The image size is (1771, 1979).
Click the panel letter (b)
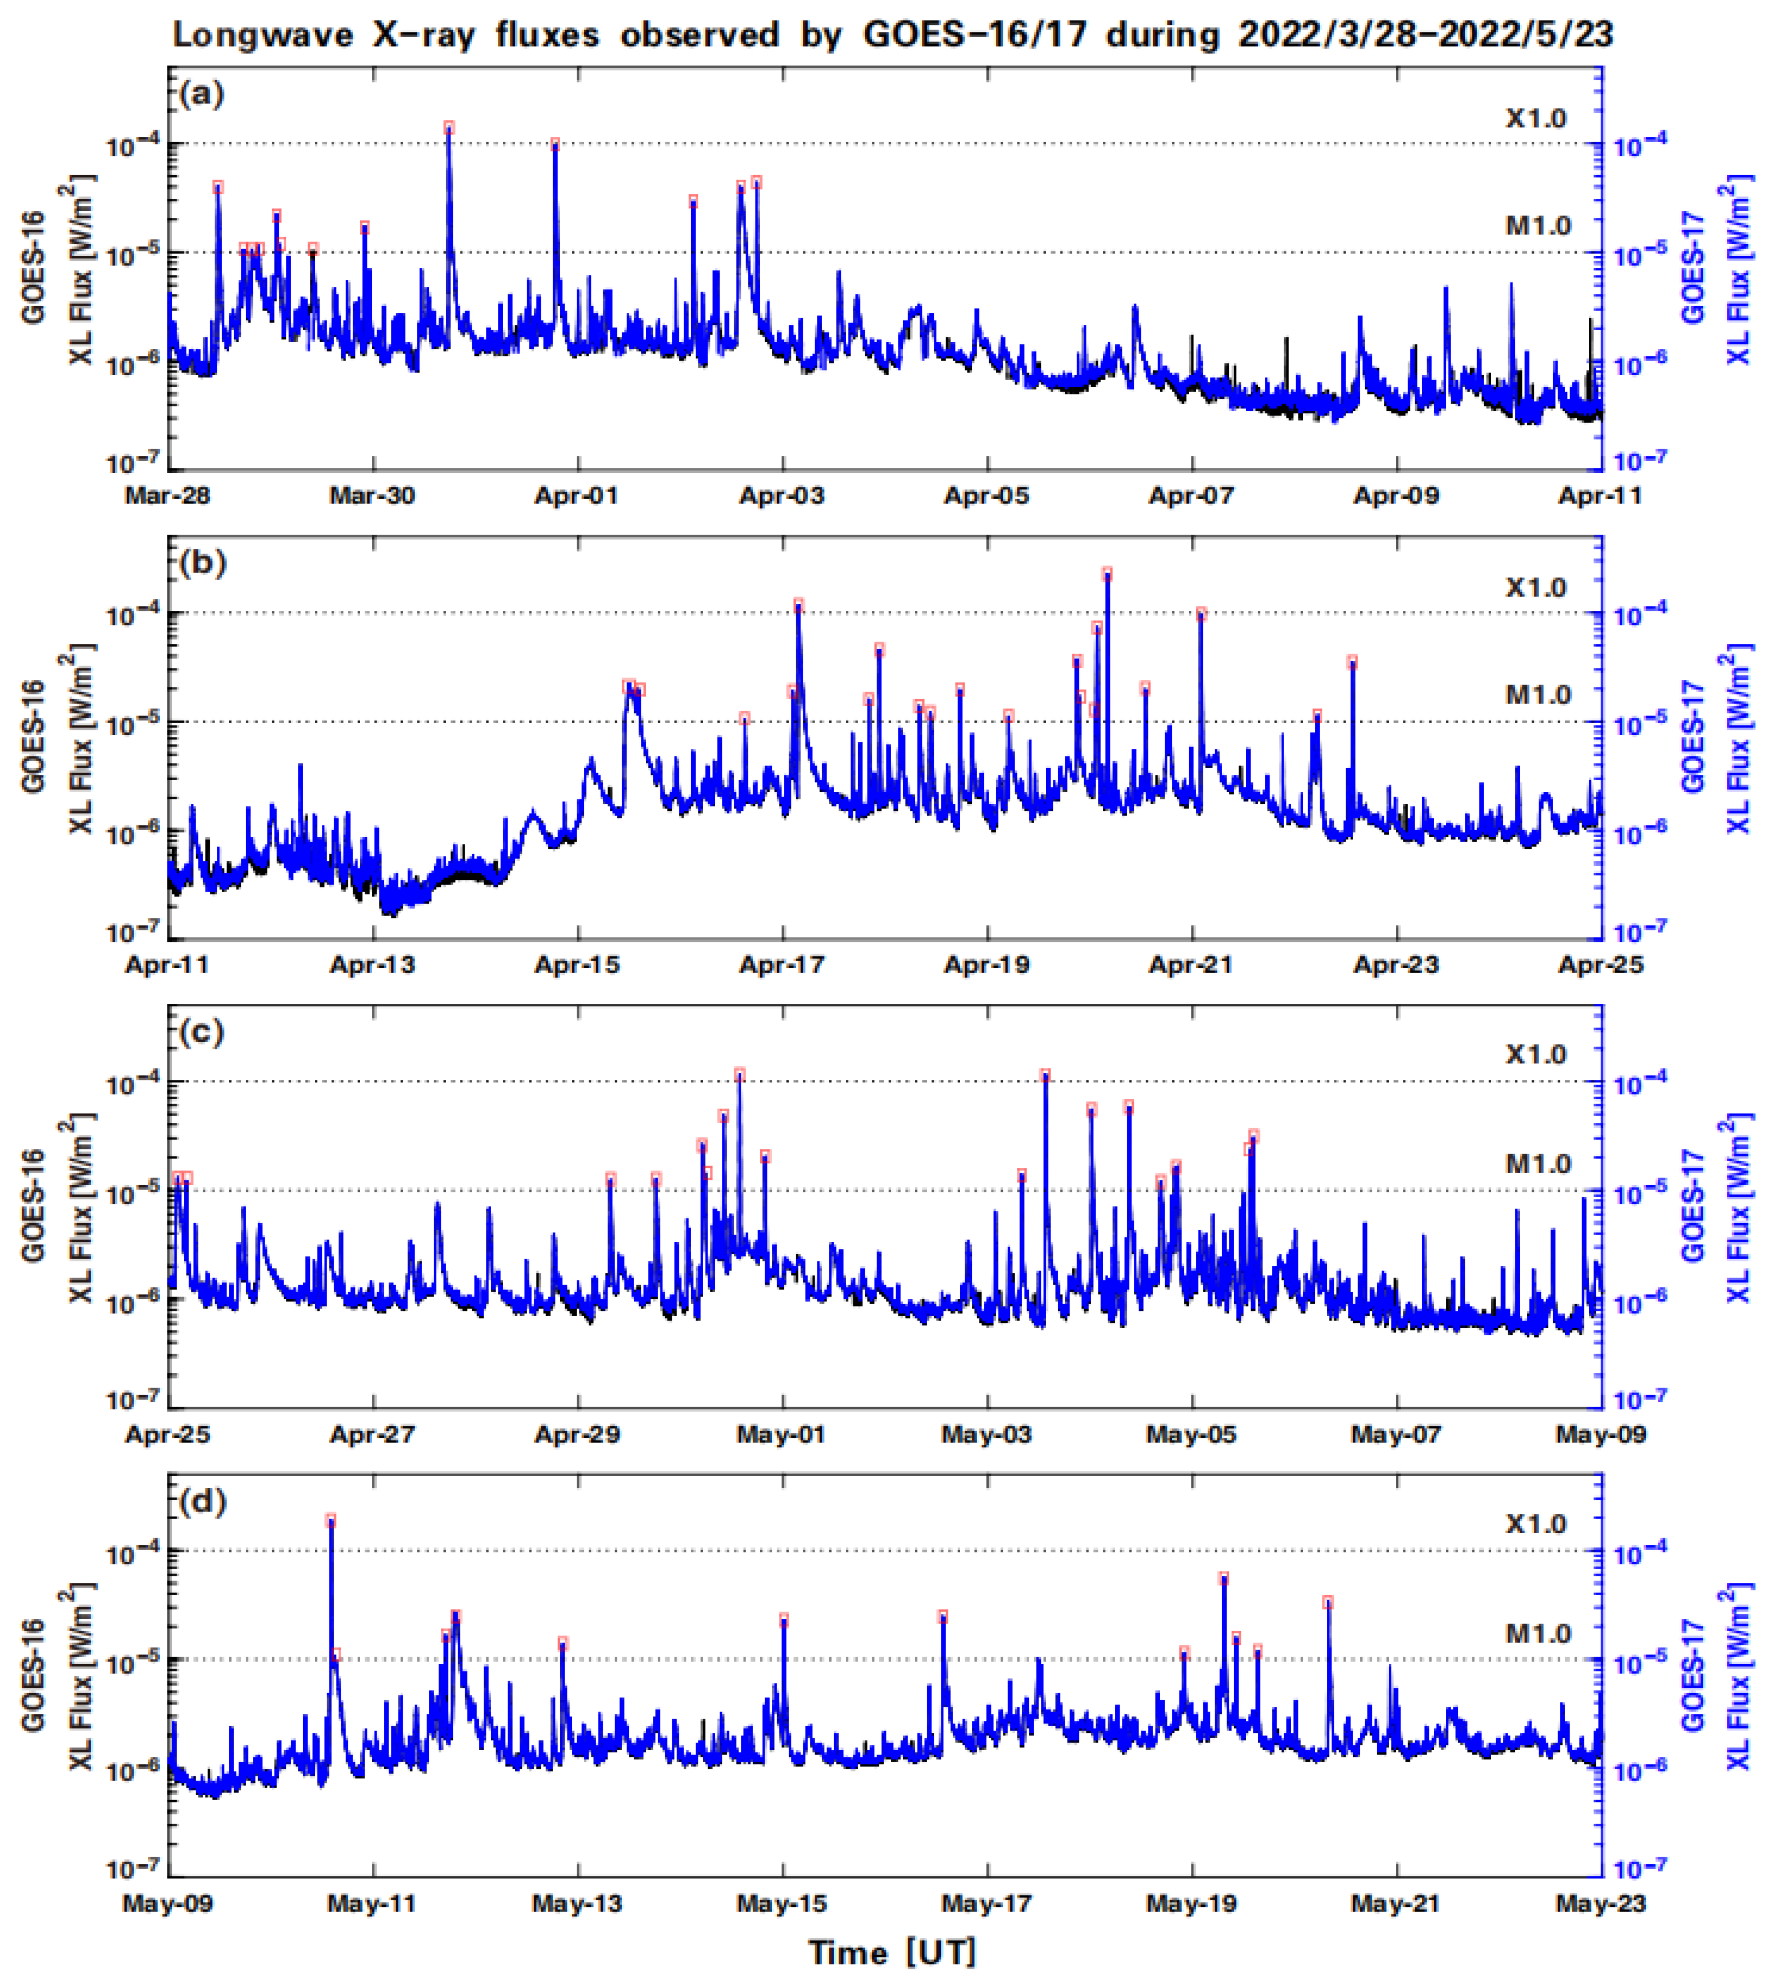point(202,563)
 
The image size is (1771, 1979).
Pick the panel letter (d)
point(202,1501)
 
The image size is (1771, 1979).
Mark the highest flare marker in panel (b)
point(1106,574)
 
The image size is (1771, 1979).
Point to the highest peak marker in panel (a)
point(449,127)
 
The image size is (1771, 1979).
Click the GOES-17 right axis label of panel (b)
point(1694,736)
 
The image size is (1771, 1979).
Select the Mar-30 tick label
point(371,495)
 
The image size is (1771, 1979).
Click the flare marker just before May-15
point(783,1619)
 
